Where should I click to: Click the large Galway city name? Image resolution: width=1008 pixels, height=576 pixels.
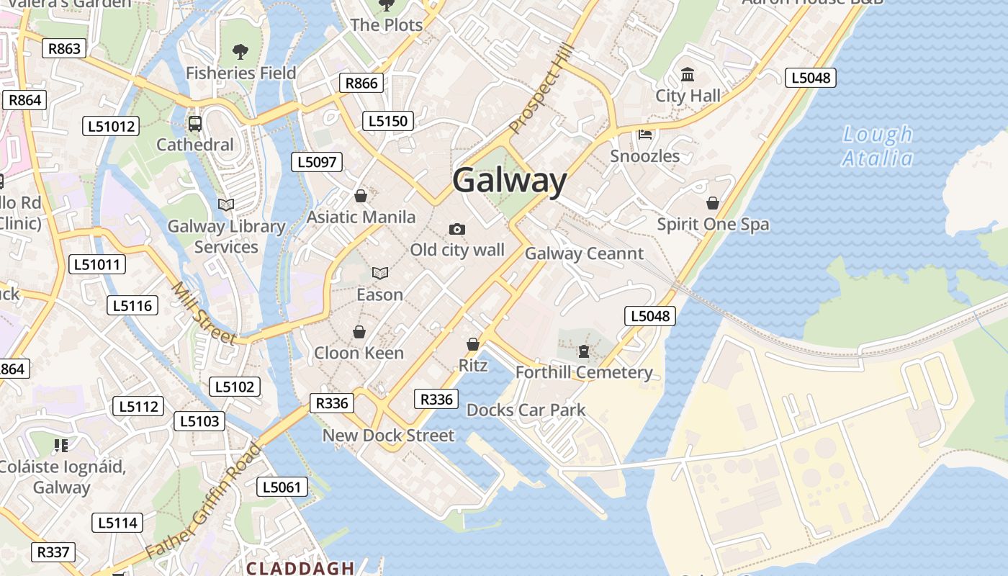[x=510, y=180]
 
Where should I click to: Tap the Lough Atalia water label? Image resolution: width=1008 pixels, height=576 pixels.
[x=877, y=146]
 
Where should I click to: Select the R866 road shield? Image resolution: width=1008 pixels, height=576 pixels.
[x=361, y=83]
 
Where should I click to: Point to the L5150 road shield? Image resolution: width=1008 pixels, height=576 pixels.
[x=388, y=121]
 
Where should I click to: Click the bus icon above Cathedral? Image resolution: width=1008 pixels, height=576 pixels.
[x=195, y=123]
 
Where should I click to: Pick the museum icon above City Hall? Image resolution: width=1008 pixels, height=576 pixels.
[x=688, y=74]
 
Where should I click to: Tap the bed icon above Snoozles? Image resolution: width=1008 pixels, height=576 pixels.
[x=645, y=135]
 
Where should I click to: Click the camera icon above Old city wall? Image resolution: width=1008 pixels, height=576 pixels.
[x=457, y=229]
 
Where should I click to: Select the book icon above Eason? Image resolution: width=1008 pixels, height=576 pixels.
[x=380, y=273]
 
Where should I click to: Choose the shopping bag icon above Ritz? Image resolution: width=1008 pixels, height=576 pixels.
[x=473, y=344]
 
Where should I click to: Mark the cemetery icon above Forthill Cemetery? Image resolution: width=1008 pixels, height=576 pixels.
[x=583, y=351]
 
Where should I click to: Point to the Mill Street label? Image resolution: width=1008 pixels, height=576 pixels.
[x=203, y=312]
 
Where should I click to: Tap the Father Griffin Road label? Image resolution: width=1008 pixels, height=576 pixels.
[x=203, y=501]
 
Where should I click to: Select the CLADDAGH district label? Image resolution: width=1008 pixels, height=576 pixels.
[x=300, y=568]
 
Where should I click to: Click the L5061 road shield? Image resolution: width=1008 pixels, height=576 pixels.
[x=282, y=487]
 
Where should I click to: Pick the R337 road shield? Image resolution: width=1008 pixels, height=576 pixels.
[x=53, y=552]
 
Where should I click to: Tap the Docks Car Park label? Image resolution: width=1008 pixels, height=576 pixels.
[x=526, y=410]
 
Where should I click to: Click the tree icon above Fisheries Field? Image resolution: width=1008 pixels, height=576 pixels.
[x=240, y=52]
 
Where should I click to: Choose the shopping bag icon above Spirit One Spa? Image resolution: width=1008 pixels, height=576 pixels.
[x=713, y=203]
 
